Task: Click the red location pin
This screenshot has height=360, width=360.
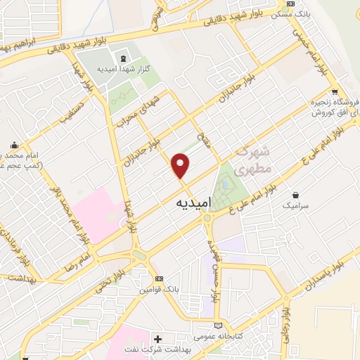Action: (181, 165)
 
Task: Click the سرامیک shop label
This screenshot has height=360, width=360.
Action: (295, 206)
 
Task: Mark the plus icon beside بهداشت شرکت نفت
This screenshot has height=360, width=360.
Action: (157, 340)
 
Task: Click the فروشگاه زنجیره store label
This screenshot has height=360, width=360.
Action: (332, 103)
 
